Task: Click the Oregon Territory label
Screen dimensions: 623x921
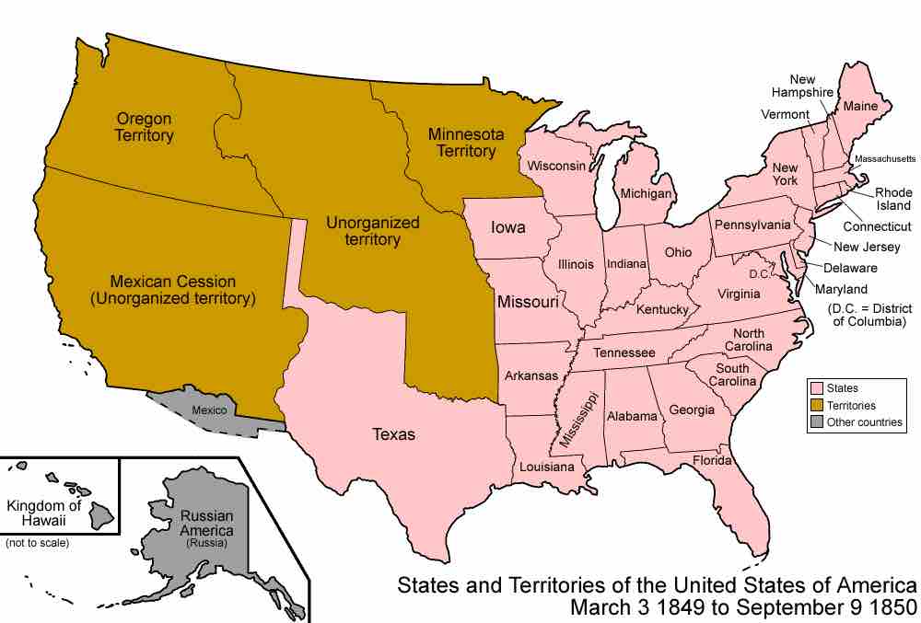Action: [x=145, y=127]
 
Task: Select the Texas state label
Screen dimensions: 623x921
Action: [x=393, y=433]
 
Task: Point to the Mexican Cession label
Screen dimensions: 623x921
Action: [x=173, y=290]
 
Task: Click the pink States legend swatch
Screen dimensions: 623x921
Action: [x=816, y=388]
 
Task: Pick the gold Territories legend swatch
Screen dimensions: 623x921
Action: [x=816, y=405]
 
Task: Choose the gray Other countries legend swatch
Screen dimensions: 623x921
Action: [x=816, y=421]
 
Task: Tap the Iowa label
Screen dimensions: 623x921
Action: [x=508, y=228]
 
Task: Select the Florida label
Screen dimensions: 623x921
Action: [x=713, y=460]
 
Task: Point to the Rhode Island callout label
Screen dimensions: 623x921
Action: [x=893, y=199]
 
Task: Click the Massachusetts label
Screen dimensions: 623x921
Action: [x=885, y=159]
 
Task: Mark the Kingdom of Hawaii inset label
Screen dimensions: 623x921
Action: [x=44, y=513]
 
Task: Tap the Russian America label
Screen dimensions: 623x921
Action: [x=207, y=523]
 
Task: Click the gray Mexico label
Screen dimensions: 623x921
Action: [x=209, y=410]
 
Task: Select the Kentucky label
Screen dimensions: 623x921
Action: [x=662, y=310]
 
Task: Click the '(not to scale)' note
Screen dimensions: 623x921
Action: [x=37, y=543]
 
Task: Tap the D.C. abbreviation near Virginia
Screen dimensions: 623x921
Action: [x=759, y=273]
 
